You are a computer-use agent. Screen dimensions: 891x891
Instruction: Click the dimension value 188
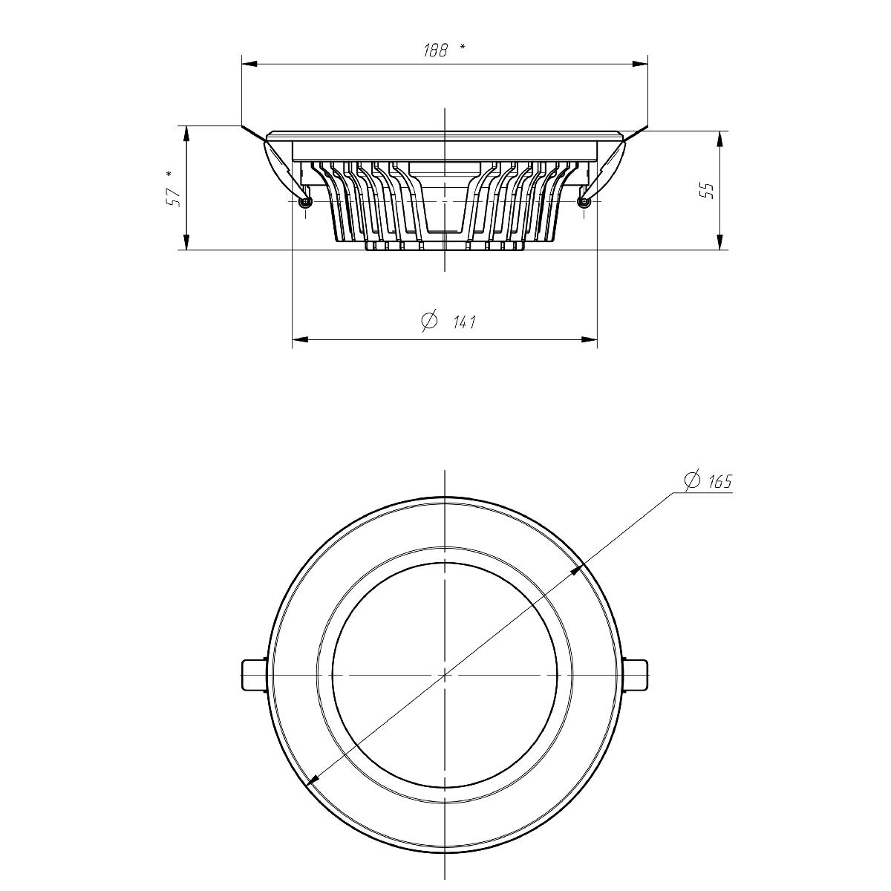(x=435, y=50)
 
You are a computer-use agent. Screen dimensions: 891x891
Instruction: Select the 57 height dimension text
(x=174, y=198)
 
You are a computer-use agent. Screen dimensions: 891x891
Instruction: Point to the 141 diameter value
(x=463, y=322)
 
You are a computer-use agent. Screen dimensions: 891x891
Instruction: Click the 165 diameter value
(x=719, y=482)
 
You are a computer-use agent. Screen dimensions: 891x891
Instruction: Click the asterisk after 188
(x=463, y=46)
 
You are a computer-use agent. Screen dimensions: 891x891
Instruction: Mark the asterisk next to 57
(x=169, y=174)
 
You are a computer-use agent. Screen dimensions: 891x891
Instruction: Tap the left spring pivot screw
(x=305, y=201)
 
